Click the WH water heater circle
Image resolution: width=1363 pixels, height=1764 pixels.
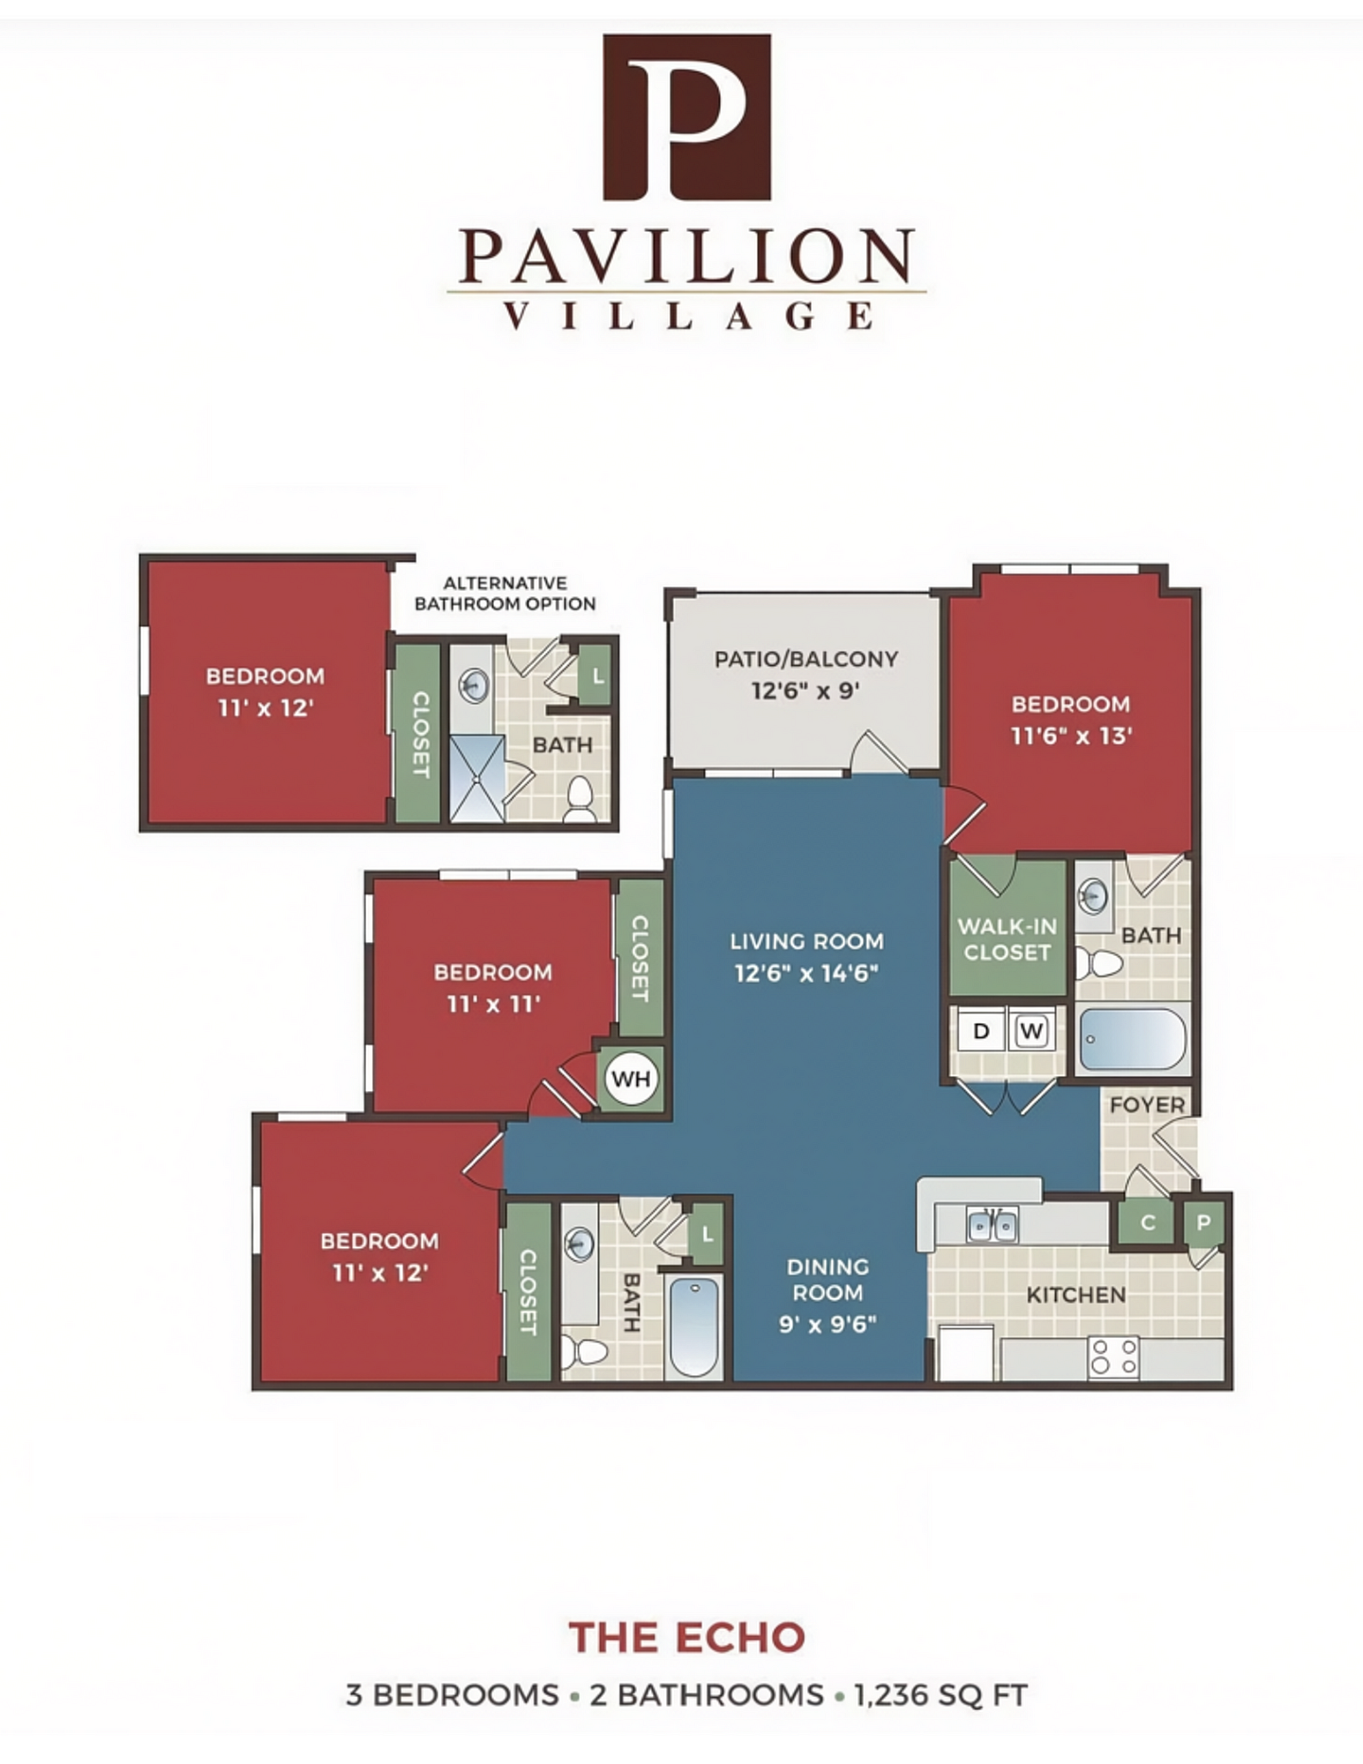[631, 1078]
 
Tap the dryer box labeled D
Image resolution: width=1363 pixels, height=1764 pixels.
[980, 1030]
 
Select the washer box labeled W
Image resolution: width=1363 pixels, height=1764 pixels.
[1031, 1030]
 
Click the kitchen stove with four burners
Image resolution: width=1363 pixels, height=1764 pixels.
[1113, 1357]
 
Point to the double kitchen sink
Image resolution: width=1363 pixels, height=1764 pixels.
[992, 1225]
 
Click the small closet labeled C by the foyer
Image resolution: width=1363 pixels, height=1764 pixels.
[1147, 1222]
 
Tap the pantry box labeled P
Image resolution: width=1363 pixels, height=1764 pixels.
[1203, 1223]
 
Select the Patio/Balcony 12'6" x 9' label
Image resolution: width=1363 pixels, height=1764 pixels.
[805, 674]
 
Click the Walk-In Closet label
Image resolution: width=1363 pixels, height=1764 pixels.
[1007, 939]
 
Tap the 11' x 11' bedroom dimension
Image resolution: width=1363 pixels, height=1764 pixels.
[493, 1004]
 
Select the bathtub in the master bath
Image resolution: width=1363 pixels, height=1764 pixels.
[1133, 1039]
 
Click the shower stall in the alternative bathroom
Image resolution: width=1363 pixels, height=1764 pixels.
[477, 779]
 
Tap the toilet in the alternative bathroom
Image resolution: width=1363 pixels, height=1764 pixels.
[580, 799]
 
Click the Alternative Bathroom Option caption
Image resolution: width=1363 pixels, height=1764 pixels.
[505, 594]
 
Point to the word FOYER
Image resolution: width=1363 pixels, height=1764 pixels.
[1147, 1104]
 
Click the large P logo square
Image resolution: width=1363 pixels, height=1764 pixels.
[686, 117]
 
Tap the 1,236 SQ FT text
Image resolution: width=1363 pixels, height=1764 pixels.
[940, 1695]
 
